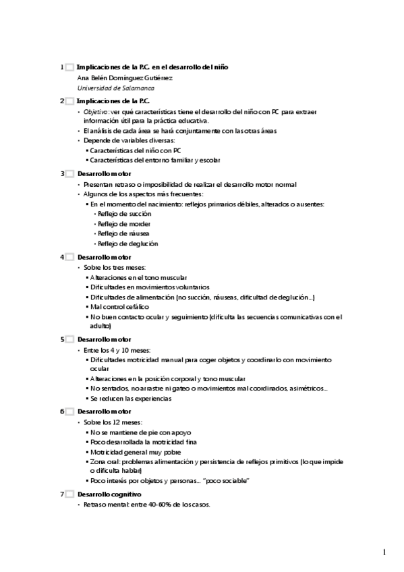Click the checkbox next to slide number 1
pos(69,67)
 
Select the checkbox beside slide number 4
pos(69,257)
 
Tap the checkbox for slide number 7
pos(69,494)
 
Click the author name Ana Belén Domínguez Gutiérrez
pos(121,78)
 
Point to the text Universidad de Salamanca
pos(115,88)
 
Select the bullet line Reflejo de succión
pos(124,213)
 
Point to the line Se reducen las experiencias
pos(131,398)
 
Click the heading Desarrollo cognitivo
pos(109,494)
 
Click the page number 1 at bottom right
pos(384,552)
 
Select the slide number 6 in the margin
pos(62,411)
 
